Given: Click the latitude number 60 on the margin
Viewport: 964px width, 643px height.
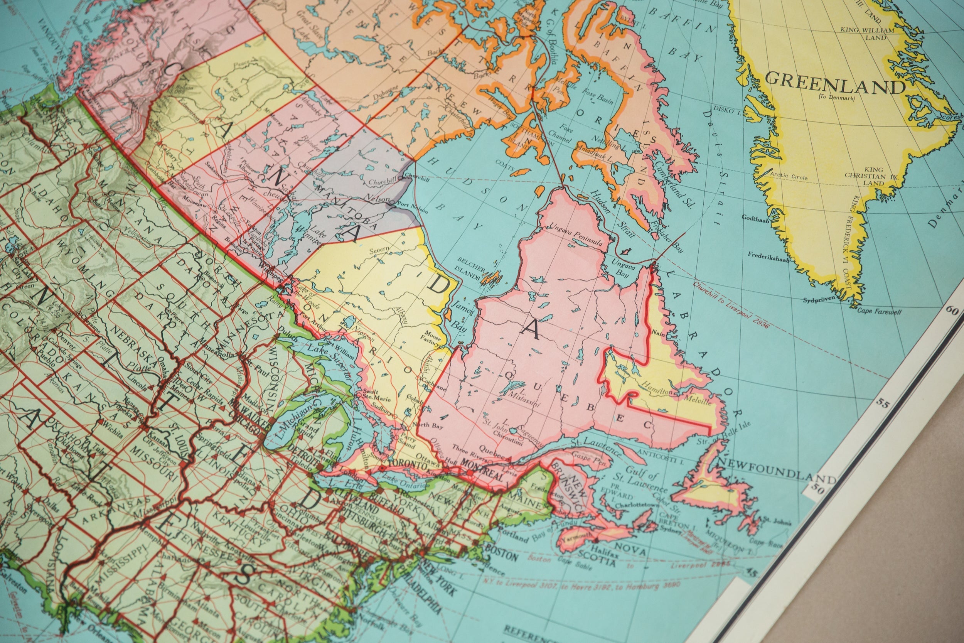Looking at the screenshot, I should (952, 311).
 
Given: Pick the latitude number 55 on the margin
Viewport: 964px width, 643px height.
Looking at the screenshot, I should (883, 403).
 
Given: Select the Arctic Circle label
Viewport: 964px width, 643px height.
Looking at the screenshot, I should (789, 176).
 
